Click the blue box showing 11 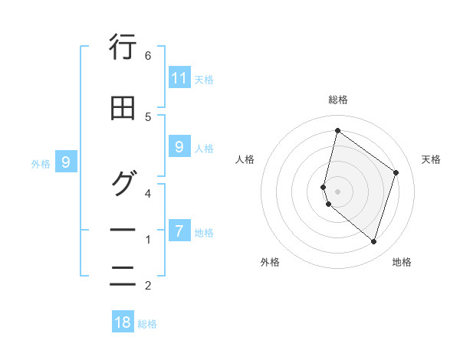(179, 78)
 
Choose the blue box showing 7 (179, 231)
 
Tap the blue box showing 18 (123, 322)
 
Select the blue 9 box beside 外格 (67, 162)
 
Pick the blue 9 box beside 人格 (179, 147)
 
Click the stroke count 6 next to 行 (148, 56)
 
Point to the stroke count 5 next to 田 (148, 116)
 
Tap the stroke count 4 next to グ (148, 193)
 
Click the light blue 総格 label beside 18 (147, 323)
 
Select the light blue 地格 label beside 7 (204, 232)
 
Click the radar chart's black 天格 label (431, 159)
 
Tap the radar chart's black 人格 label (245, 159)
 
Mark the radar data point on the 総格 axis (337, 130)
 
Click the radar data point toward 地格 (373, 241)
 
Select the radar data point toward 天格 (396, 172)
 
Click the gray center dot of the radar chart (337, 191)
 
